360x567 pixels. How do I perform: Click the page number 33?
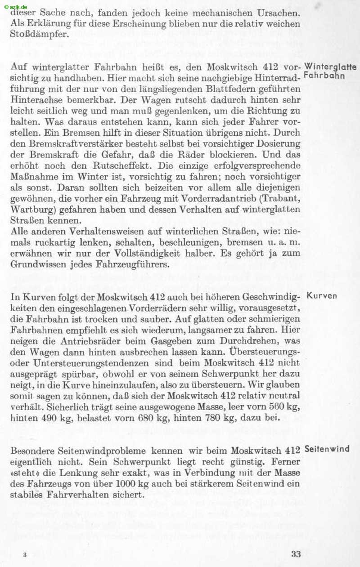[296, 554]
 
